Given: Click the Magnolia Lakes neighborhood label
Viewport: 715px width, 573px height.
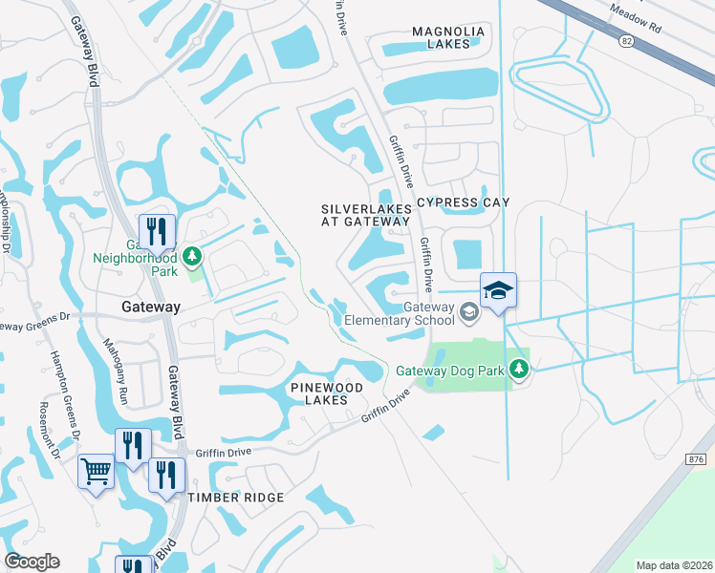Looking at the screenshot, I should tap(448, 37).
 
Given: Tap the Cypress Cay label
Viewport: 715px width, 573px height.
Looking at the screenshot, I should tap(463, 202).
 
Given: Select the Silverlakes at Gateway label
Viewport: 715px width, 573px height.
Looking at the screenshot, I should tap(365, 214).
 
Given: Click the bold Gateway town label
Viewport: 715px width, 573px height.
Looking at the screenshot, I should tap(150, 307).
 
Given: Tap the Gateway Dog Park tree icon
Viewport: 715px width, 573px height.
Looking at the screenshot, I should tap(519, 369).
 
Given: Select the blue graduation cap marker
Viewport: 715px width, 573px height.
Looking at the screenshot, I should tap(498, 290).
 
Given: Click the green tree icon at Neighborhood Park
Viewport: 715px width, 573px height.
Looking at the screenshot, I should tap(192, 256).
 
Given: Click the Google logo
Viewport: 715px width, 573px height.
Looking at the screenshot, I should tap(32, 562).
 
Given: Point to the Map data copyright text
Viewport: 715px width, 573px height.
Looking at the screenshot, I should tap(673, 565).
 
